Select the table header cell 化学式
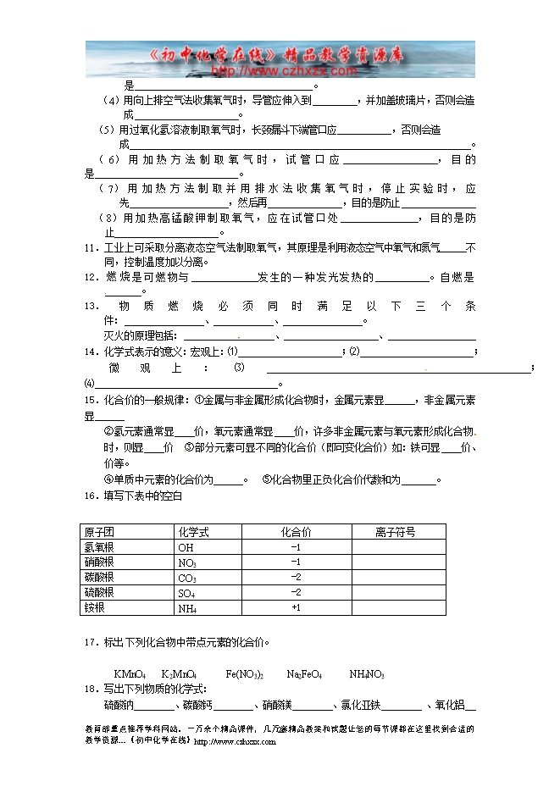[193, 532]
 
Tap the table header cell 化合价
[296, 532]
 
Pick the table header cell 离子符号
[395, 532]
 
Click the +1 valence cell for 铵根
[296, 608]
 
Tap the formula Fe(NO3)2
[245, 674]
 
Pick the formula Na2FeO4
[304, 674]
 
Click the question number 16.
[89, 496]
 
